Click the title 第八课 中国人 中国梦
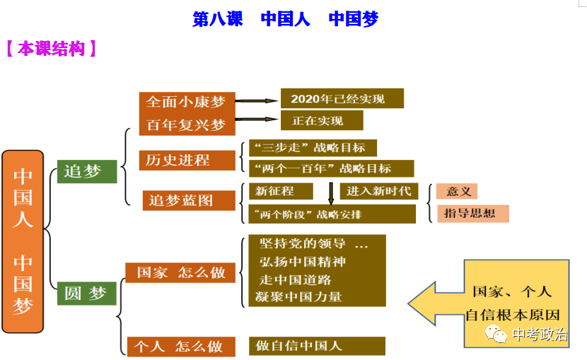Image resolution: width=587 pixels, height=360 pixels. (285, 19)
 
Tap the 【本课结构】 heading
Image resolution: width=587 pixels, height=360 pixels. (50, 49)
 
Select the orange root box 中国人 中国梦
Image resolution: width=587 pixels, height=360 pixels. (23, 241)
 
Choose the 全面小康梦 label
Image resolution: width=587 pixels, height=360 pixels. (185, 102)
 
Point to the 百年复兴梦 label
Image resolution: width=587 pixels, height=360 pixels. (185, 125)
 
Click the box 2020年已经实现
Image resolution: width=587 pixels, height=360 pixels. (342, 98)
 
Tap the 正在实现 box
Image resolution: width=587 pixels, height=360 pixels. (322, 120)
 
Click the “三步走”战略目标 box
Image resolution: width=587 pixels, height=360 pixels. (313, 148)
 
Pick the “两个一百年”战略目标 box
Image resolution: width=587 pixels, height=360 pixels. (331, 168)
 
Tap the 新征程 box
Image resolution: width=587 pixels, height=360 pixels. (280, 191)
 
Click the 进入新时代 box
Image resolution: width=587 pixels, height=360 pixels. (379, 191)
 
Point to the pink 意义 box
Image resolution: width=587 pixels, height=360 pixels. (457, 191)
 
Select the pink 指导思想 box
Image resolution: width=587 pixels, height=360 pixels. (472, 213)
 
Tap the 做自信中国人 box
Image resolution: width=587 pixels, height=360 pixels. (317, 346)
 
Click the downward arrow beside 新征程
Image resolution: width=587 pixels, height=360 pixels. (330, 193)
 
